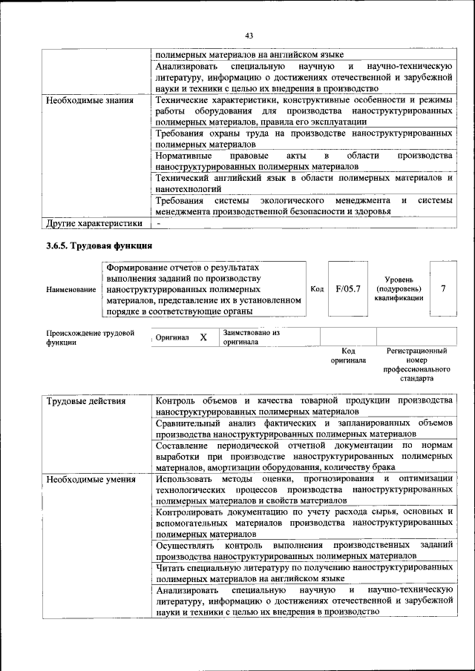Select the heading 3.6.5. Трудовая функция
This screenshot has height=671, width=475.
point(99,245)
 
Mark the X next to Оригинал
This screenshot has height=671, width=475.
point(203,337)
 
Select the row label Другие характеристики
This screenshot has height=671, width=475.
point(94,222)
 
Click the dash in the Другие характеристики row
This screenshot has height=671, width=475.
point(158,222)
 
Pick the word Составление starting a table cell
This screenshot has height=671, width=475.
point(185,445)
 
